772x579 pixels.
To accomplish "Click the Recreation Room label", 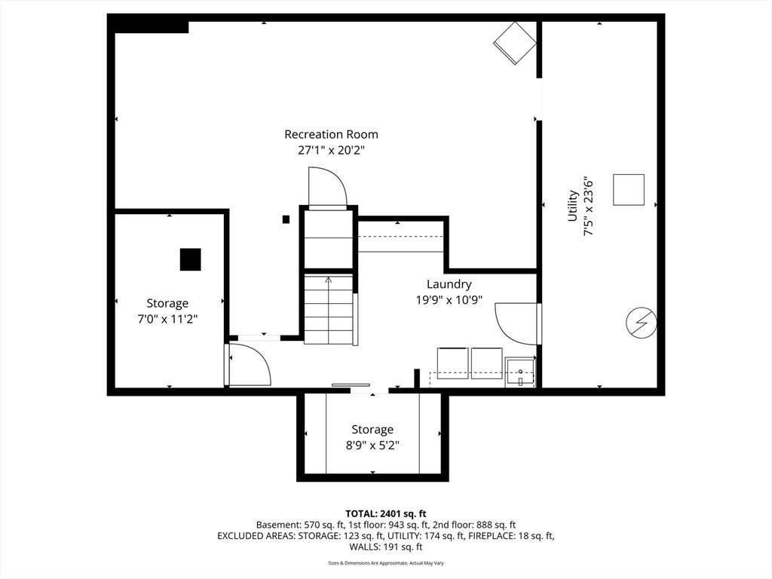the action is [x=332, y=134].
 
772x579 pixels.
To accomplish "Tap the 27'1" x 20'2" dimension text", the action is [x=332, y=150].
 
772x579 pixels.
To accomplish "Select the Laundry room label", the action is [x=449, y=284].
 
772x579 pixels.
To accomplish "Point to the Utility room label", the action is [x=572, y=206].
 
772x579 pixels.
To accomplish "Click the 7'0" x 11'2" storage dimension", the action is [x=167, y=319].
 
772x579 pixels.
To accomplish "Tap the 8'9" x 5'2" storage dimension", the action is [x=372, y=446].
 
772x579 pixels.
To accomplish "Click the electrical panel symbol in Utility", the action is [x=641, y=323].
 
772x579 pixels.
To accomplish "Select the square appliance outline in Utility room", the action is [x=629, y=189].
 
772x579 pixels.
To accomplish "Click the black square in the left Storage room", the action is [x=190, y=259].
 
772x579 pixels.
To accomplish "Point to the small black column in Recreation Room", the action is [x=286, y=219].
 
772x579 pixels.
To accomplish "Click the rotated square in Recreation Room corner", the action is [x=514, y=43].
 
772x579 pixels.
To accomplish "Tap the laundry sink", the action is [x=520, y=372].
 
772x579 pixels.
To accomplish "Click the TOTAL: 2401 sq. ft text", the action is [x=385, y=514].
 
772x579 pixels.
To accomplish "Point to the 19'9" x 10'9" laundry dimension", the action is [x=449, y=300].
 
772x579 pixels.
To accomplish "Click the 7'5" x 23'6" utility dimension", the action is [x=588, y=206].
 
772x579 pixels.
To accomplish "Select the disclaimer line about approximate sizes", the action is [x=385, y=563].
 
